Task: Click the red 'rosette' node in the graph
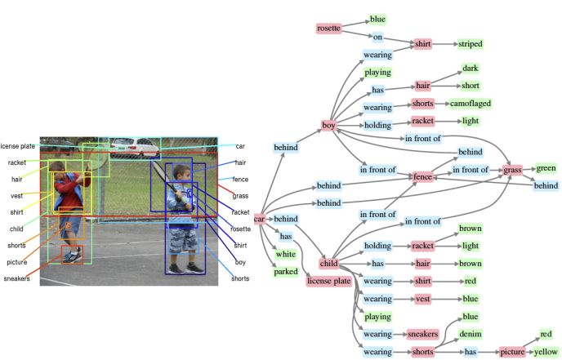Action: click(x=328, y=29)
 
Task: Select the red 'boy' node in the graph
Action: click(x=329, y=125)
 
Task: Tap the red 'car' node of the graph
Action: click(x=260, y=219)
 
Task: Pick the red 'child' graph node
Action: click(x=329, y=264)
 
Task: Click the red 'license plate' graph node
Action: click(x=328, y=281)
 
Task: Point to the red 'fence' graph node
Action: click(x=422, y=175)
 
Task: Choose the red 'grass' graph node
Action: click(x=512, y=170)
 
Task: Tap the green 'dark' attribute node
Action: click(x=471, y=69)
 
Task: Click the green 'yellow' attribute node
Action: click(x=546, y=352)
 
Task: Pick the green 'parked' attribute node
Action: click(x=286, y=272)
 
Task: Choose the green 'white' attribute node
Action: click(x=286, y=255)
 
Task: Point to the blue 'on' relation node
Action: click(x=377, y=37)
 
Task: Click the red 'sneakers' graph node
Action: click(x=422, y=334)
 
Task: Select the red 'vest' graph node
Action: click(x=422, y=299)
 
